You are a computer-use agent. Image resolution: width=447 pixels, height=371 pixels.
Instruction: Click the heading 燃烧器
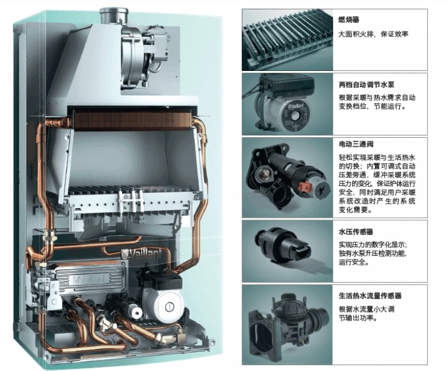349,20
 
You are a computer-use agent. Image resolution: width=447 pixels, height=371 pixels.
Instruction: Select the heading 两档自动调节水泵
367,85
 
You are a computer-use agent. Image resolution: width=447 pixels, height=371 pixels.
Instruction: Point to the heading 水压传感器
356,232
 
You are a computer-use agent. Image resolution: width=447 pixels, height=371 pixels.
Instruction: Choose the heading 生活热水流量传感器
370,296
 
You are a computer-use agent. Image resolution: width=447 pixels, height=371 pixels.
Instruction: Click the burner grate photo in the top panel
287,40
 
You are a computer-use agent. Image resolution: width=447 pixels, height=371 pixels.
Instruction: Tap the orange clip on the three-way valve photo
303,187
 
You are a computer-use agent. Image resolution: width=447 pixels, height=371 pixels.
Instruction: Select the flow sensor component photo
288,324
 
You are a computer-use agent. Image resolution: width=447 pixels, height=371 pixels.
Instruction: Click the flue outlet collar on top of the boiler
114,16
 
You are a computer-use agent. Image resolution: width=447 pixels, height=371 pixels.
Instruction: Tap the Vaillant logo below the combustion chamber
142,254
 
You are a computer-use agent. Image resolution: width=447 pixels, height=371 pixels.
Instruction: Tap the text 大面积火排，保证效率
374,34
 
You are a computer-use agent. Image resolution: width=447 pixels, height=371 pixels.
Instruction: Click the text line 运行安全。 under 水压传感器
354,262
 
